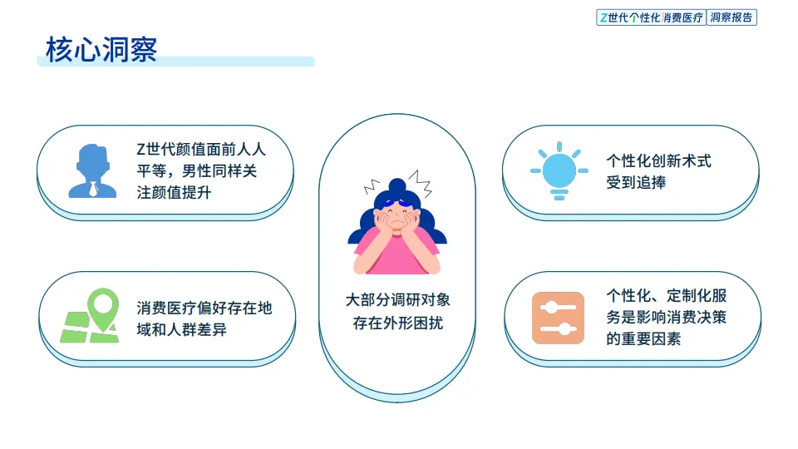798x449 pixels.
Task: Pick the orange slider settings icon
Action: (x=558, y=318)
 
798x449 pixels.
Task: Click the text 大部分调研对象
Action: (x=397, y=300)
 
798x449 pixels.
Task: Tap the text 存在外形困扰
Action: (x=397, y=323)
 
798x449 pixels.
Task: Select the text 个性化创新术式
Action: (x=658, y=160)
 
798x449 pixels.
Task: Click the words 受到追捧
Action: (x=636, y=182)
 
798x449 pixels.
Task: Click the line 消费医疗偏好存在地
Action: (x=204, y=308)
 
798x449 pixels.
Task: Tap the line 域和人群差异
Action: (x=181, y=330)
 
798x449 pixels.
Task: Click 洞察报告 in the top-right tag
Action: (x=731, y=17)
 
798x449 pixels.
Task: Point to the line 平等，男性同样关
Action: (x=201, y=171)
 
